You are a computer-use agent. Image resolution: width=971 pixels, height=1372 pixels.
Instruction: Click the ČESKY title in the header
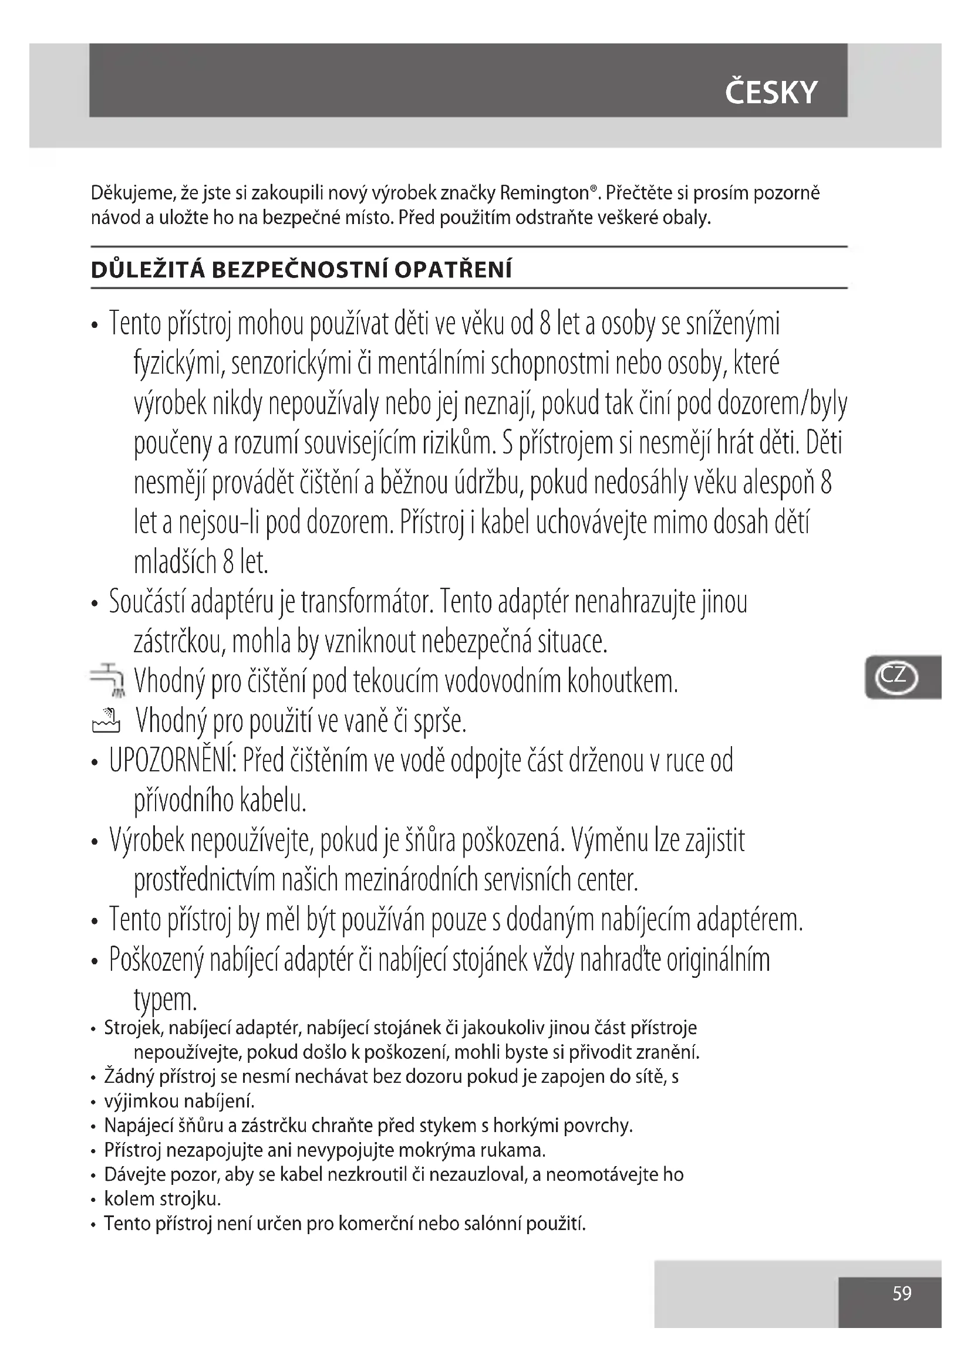pos(771,93)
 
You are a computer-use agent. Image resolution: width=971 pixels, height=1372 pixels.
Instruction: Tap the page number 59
pos(902,1293)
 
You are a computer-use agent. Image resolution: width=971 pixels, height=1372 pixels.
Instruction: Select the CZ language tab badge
pos(895,677)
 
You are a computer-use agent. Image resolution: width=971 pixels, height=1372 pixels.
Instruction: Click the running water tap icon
pos(108,679)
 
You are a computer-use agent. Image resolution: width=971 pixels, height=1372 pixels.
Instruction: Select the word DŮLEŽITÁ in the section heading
pos(147,270)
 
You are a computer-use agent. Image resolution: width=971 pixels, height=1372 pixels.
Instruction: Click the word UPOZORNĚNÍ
pos(173,761)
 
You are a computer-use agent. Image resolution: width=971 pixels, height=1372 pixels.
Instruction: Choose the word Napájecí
pos(139,1125)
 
